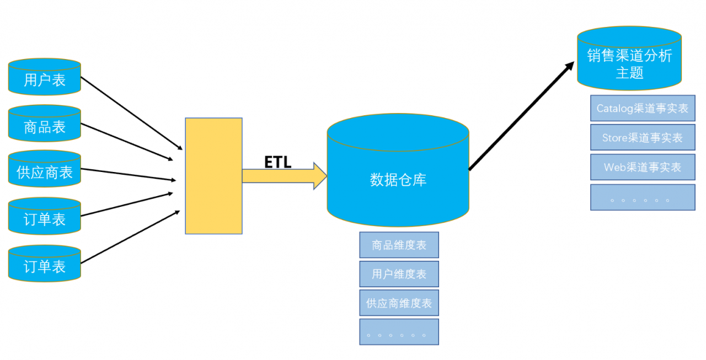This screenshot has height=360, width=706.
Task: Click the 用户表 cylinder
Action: click(x=45, y=77)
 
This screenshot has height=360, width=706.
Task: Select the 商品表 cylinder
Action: click(x=45, y=123)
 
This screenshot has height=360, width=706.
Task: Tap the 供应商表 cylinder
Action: click(x=45, y=169)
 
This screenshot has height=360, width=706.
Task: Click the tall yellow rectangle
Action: click(x=213, y=176)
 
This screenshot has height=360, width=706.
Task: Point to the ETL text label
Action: click(x=277, y=162)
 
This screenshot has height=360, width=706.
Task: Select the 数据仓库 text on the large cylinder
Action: click(x=398, y=180)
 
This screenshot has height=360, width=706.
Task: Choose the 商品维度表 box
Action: click(x=399, y=245)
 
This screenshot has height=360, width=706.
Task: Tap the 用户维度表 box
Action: click(x=399, y=274)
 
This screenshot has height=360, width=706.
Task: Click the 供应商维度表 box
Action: click(x=399, y=303)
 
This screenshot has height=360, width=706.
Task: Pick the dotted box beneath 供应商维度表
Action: click(x=399, y=332)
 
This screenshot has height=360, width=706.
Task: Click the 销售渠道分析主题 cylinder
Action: click(x=629, y=58)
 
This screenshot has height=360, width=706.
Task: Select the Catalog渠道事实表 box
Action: click(x=643, y=108)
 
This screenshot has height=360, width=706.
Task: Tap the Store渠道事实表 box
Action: click(x=643, y=137)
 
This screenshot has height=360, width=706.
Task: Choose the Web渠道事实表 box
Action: click(x=643, y=167)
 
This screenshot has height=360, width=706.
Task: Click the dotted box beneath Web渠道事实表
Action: click(x=643, y=197)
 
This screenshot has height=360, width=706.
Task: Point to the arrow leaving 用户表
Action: click(x=132, y=114)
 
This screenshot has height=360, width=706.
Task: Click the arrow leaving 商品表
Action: click(x=127, y=142)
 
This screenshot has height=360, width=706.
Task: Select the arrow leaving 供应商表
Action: click(x=129, y=175)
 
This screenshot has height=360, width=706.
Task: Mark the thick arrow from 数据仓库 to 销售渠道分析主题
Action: click(x=522, y=116)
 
